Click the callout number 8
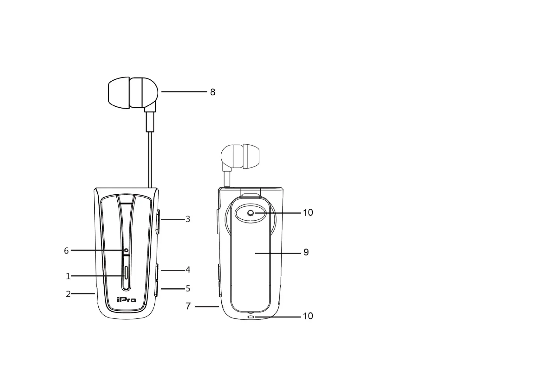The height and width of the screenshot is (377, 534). [213, 92]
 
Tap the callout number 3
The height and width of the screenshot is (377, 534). [188, 219]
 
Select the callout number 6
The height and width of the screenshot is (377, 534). [66, 251]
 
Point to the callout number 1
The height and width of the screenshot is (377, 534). [68, 276]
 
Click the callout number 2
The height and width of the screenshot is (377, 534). [68, 294]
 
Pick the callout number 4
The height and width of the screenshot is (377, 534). [188, 270]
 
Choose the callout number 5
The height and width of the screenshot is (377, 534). [188, 289]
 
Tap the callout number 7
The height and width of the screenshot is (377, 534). [188, 306]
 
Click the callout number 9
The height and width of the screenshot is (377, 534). [306, 252]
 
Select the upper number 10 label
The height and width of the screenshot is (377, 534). [308, 212]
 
